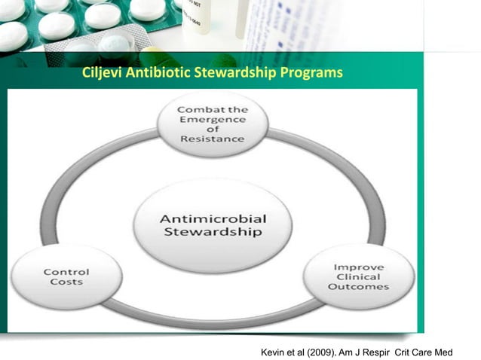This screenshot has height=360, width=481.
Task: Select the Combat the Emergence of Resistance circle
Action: coord(212,124)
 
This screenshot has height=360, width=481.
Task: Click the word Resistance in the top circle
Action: coord(212,139)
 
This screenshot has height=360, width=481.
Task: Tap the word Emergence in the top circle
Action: coord(212,119)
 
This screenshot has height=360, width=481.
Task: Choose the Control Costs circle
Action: coord(66,276)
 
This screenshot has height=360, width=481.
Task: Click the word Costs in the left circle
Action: coord(66,283)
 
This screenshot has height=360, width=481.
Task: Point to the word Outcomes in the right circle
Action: coord(362,287)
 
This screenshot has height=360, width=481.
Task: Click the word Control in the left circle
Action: coord(66,272)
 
